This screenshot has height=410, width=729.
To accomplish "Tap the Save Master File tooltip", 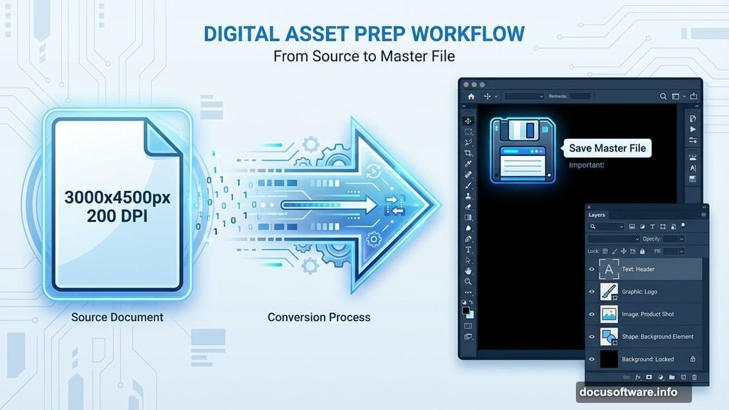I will coord(607,148).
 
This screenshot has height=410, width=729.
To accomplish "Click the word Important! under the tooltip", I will coord(587,165).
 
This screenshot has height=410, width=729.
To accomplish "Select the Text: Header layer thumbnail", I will coord(609,269).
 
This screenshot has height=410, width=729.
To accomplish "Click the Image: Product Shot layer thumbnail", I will coord(609,314).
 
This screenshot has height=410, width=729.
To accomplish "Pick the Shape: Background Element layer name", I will coord(657,337).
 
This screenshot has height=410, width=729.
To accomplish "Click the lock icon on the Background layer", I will coord(693,359).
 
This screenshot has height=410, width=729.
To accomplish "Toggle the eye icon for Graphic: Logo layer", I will coord(592,291).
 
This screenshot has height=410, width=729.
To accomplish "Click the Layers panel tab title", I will coord(597,215).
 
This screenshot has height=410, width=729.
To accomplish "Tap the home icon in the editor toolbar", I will coord(471,96).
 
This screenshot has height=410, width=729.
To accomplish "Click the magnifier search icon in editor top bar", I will coord(664,96).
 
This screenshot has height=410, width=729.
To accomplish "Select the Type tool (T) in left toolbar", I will coord(468,250).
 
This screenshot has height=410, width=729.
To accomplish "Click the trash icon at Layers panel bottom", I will coord(695,377).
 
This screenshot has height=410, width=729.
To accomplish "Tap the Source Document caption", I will coord(117,317).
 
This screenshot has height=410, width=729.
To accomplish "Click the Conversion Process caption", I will coord(319,317).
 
